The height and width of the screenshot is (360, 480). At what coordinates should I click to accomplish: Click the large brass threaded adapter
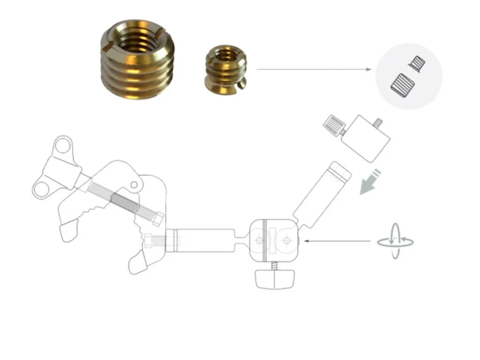(137, 66)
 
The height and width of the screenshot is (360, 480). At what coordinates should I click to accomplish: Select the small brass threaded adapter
(225, 68)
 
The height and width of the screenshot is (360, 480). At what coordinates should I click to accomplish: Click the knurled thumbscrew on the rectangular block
(334, 125)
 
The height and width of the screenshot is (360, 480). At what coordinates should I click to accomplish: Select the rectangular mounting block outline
(366, 138)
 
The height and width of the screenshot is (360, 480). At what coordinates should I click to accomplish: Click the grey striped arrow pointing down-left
(370, 184)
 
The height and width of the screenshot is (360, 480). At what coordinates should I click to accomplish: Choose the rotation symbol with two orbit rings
(396, 241)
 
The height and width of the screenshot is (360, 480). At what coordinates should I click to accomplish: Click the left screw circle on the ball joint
(260, 240)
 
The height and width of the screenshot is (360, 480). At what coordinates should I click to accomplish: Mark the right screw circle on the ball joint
(286, 240)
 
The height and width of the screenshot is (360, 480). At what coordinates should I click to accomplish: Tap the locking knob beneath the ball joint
(274, 279)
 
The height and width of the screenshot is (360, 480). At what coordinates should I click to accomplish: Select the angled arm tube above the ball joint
(323, 192)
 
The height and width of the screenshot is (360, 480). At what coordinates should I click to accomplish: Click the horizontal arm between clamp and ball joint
(206, 240)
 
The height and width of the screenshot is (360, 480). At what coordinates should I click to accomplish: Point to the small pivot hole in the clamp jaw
(134, 185)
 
